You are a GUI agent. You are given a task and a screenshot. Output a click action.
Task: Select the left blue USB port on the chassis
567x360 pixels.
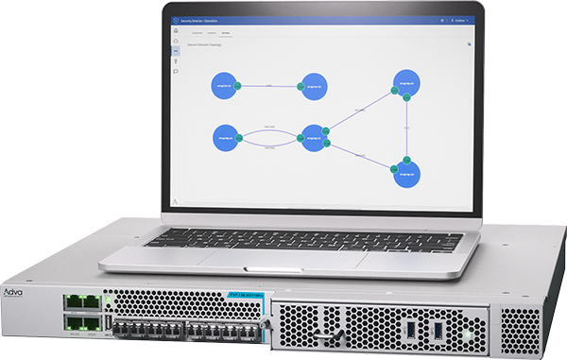pos(414,333)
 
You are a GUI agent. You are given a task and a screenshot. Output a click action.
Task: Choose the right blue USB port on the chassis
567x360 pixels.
pos(440,333)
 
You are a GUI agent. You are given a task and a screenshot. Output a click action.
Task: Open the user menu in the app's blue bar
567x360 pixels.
pos(461,19)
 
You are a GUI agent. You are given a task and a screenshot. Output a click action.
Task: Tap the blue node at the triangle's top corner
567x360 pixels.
pos(406,82)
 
